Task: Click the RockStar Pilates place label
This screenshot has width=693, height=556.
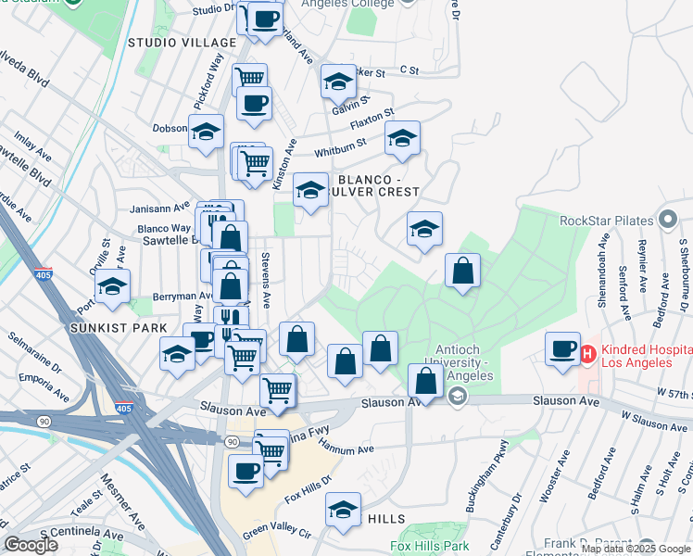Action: [607, 221]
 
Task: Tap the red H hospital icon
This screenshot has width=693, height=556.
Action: [586, 353]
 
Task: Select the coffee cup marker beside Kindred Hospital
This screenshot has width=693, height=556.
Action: [562, 348]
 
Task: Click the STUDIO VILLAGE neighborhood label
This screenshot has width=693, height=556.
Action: [183, 44]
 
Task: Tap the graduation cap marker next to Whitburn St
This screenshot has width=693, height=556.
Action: [402, 139]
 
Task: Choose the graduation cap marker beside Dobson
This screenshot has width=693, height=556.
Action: [206, 133]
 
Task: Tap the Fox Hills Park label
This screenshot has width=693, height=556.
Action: [430, 547]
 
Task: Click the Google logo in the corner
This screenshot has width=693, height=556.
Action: [31, 544]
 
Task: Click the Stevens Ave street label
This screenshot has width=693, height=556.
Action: [265, 280]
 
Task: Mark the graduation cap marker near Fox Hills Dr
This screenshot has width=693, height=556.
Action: [343, 511]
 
